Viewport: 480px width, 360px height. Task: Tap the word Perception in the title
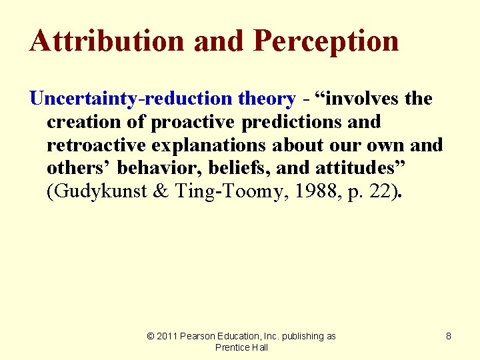(x=327, y=41)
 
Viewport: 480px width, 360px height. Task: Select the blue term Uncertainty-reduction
(x=132, y=99)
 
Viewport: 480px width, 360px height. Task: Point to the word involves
(x=361, y=99)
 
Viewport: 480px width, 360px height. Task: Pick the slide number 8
(x=449, y=337)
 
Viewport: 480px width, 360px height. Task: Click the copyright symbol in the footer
(x=151, y=337)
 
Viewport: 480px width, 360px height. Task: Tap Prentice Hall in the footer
(x=241, y=347)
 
